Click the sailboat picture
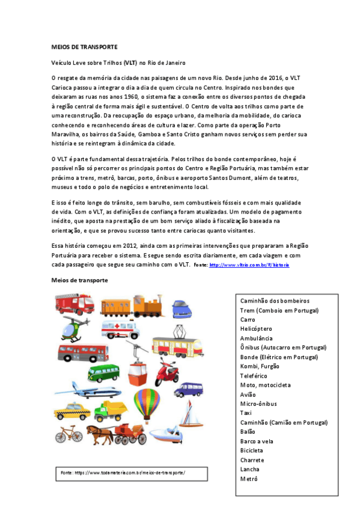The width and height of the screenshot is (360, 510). (x=190, y=413)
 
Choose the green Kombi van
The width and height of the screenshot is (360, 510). (x=103, y=373)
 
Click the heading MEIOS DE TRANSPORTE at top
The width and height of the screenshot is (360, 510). (x=84, y=46)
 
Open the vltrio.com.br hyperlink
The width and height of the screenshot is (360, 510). (x=240, y=265)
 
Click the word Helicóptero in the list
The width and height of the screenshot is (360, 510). (x=256, y=329)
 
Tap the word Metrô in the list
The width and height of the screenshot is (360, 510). (x=249, y=479)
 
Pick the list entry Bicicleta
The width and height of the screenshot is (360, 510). (x=251, y=450)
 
